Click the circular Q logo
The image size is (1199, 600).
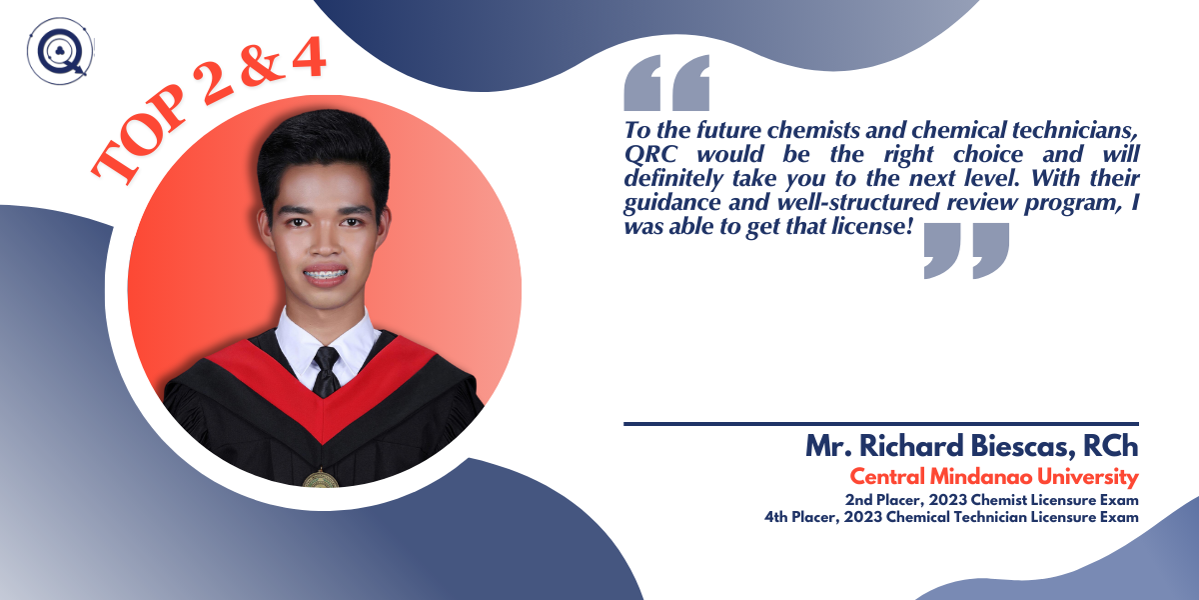[60, 51]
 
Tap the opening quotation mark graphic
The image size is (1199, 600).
[666, 82]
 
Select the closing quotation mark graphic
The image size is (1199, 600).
[967, 251]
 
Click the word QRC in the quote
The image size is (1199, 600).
[650, 154]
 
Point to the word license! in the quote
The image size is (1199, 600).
[872, 226]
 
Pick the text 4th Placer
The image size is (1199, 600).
[801, 517]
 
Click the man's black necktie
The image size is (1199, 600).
[326, 372]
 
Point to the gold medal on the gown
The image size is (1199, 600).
[321, 478]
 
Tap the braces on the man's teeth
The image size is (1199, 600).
[326, 275]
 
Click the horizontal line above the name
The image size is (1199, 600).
[881, 424]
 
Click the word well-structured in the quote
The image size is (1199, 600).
[858, 202]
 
